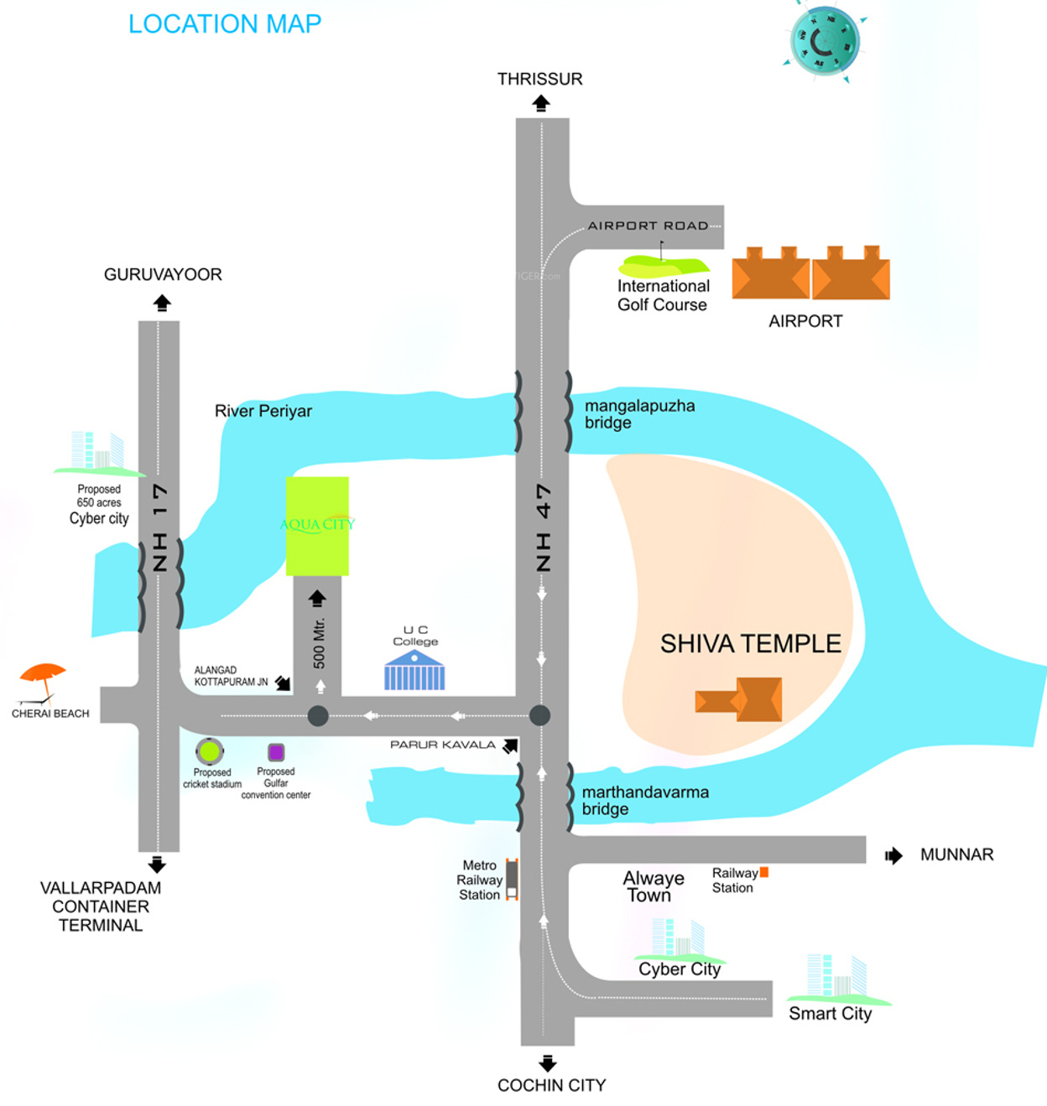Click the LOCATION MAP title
[x=225, y=24]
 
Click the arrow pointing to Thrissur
[x=541, y=103]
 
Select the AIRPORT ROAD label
[x=648, y=226]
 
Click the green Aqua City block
[x=317, y=526]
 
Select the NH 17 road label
[x=159, y=527]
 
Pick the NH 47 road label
[x=544, y=527]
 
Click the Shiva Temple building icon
[x=740, y=699]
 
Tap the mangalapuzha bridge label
[x=639, y=414]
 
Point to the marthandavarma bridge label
[x=644, y=801]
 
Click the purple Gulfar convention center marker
[x=276, y=752]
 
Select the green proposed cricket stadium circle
[x=210, y=751]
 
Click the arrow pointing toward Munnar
[x=893, y=855]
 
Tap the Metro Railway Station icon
[x=511, y=879]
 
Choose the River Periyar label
[x=263, y=411]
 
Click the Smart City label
[x=830, y=1014]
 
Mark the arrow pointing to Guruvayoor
[x=162, y=303]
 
